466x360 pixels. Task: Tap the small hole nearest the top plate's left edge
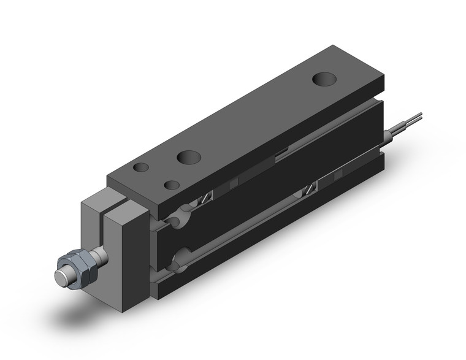(x=141, y=167)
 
